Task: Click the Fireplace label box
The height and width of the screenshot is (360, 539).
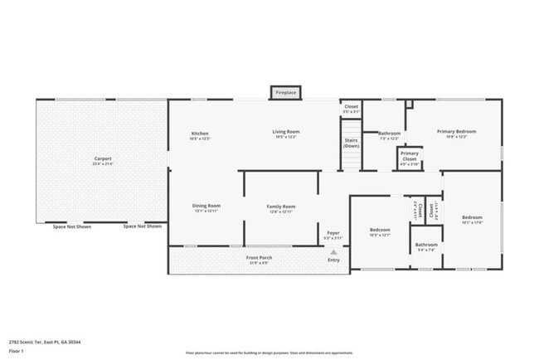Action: [x=286, y=93]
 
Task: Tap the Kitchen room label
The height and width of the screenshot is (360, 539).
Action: [x=200, y=132]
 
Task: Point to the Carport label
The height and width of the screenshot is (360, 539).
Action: [x=103, y=158]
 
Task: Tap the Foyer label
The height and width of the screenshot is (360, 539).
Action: [x=333, y=233]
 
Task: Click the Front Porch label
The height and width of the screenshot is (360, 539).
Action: [x=259, y=257]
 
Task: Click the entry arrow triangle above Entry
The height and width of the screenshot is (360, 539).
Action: [x=333, y=251]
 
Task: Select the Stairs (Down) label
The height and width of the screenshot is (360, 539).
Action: [x=352, y=143]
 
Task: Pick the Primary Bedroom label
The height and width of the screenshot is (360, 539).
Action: [x=457, y=131]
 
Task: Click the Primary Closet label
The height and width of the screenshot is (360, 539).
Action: [x=410, y=155]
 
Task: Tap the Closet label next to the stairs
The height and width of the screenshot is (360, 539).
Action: [x=352, y=106]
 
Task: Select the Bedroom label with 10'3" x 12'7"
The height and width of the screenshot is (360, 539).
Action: [x=380, y=229]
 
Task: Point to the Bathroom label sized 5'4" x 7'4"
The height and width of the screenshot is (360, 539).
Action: [x=426, y=245]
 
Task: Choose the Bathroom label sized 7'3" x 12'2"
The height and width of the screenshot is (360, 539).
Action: [x=390, y=134]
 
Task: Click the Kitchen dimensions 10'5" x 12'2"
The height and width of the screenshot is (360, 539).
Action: [x=200, y=138]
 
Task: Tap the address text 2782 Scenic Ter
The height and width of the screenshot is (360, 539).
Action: [x=45, y=341]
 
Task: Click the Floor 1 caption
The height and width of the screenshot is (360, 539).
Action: [x=17, y=351]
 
